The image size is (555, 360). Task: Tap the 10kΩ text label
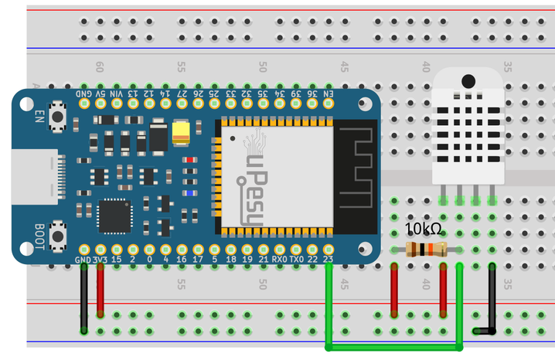click(424, 229)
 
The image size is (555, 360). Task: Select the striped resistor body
click(426, 249)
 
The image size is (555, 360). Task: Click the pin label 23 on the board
click(329, 260)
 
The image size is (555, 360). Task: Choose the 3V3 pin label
click(100, 260)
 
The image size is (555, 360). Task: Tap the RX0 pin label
click(279, 260)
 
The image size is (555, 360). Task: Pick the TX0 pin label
click(296, 260)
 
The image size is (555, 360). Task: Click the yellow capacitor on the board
click(182, 132)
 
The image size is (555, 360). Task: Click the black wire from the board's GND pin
click(83, 297)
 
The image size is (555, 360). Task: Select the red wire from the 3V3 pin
click(100, 294)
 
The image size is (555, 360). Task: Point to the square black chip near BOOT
click(114, 216)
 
